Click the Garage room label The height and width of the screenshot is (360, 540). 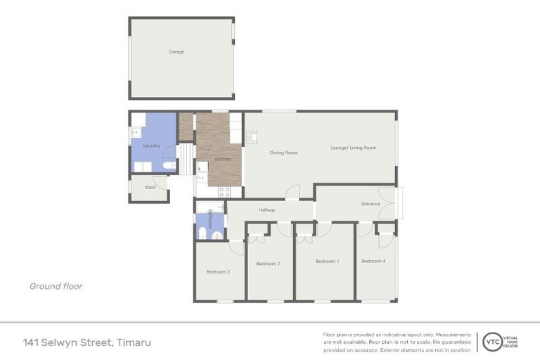pyautogui.click(x=176, y=51)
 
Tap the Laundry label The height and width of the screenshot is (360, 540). pyautogui.click(x=151, y=146)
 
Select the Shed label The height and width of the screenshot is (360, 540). pyautogui.click(x=150, y=187)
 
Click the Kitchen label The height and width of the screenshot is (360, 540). pyautogui.click(x=223, y=160)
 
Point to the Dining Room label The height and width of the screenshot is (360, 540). pyautogui.click(x=284, y=153)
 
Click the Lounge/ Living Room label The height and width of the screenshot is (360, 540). pyautogui.click(x=354, y=148)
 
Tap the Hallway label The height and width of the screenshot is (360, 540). pyautogui.click(x=266, y=210)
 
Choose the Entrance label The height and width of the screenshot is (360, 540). pyautogui.click(x=371, y=204)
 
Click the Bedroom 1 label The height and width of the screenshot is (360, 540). pyautogui.click(x=327, y=261)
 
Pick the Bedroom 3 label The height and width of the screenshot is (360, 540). pyautogui.click(x=218, y=271)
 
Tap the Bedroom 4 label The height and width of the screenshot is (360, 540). pyautogui.click(x=373, y=261)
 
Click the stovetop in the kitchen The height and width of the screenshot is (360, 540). pyautogui.click(x=224, y=191)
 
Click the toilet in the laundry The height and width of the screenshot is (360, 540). pyautogui.click(x=168, y=166)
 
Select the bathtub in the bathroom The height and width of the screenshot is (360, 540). pyautogui.click(x=210, y=207)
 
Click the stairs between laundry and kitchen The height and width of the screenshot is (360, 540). pyautogui.click(x=185, y=159)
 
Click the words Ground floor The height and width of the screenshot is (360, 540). pyautogui.click(x=56, y=286)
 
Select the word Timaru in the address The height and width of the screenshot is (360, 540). pyautogui.click(x=134, y=342)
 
